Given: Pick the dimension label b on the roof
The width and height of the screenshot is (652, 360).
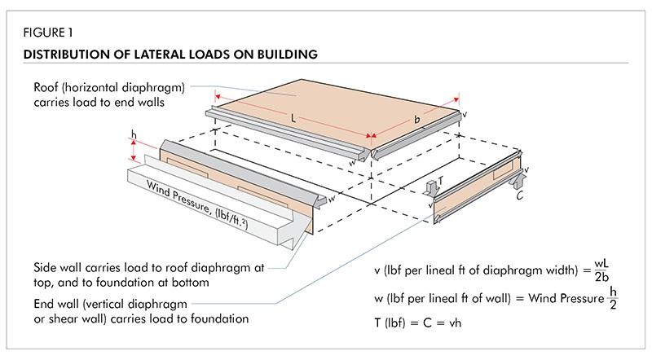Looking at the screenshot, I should point(418,120).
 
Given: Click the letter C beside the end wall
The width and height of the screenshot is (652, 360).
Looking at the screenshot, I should point(519,195).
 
